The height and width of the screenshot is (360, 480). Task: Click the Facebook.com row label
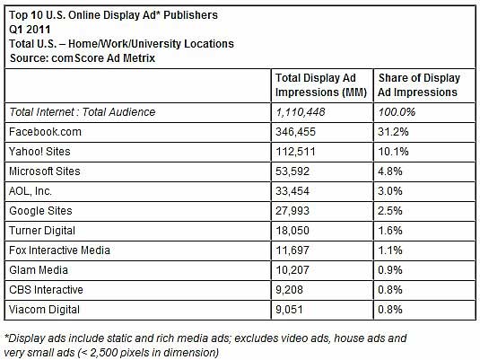(45, 132)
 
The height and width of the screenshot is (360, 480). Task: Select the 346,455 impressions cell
(295, 132)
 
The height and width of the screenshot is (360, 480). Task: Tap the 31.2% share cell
(393, 132)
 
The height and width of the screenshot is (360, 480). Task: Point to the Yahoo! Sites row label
(39, 152)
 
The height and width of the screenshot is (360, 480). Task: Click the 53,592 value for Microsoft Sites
(292, 171)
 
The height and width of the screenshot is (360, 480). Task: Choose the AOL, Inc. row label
(31, 191)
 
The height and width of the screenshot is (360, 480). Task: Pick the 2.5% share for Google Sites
(390, 211)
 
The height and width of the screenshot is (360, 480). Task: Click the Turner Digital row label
(42, 231)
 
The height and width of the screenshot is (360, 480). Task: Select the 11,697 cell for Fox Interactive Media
(292, 250)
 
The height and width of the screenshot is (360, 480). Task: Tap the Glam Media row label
(39, 270)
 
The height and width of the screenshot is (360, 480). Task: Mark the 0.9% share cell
(390, 270)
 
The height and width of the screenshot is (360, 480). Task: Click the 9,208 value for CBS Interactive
(289, 290)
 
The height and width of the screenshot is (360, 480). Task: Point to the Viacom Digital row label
(44, 310)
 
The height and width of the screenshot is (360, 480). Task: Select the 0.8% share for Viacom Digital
(390, 310)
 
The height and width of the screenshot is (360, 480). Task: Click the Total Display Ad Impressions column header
(321, 85)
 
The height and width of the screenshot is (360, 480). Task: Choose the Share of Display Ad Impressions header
(418, 85)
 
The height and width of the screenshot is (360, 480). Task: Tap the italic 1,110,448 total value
(301, 112)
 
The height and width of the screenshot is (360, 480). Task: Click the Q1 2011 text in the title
(30, 30)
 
